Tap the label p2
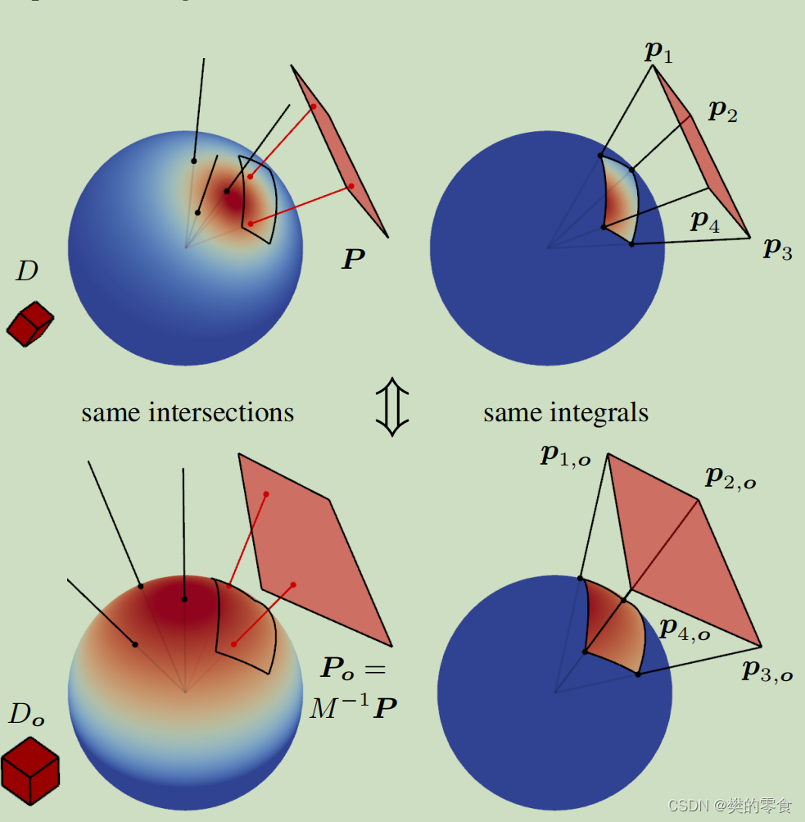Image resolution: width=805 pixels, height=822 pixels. tap(722, 111)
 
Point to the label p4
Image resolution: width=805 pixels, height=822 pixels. tap(705, 220)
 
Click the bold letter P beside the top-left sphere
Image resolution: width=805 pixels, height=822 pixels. tap(354, 261)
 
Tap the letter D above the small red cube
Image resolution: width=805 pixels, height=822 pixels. tap(27, 272)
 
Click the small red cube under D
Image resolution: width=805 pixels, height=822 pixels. tap(29, 323)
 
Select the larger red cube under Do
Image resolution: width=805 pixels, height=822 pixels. tap(30, 770)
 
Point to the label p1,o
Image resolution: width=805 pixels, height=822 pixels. tap(565, 456)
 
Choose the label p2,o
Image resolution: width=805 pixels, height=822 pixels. tap(730, 478)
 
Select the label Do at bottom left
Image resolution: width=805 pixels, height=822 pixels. tap(26, 715)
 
